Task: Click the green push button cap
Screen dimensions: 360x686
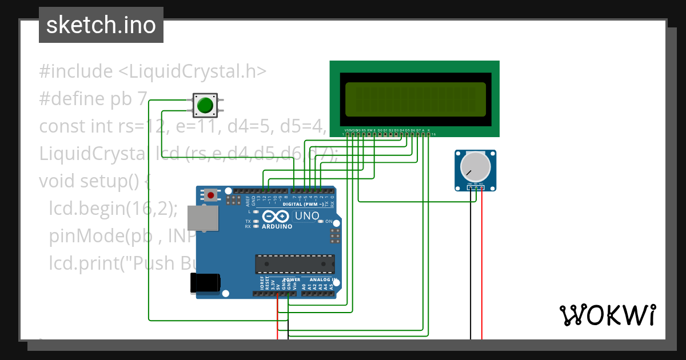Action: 205,106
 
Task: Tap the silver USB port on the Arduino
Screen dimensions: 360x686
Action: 204,218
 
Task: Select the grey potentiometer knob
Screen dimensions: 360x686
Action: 476,166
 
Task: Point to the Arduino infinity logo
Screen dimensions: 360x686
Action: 276,217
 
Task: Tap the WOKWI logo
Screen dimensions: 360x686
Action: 607,315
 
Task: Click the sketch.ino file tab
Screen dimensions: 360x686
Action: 101,25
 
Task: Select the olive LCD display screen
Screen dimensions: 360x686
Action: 415,99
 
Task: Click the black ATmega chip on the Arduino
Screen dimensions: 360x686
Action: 294,264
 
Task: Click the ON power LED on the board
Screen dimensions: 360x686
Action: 321,221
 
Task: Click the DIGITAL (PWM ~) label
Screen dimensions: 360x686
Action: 307,204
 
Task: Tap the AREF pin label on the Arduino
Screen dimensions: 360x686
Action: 248,201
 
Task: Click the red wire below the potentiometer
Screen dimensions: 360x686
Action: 482,274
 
